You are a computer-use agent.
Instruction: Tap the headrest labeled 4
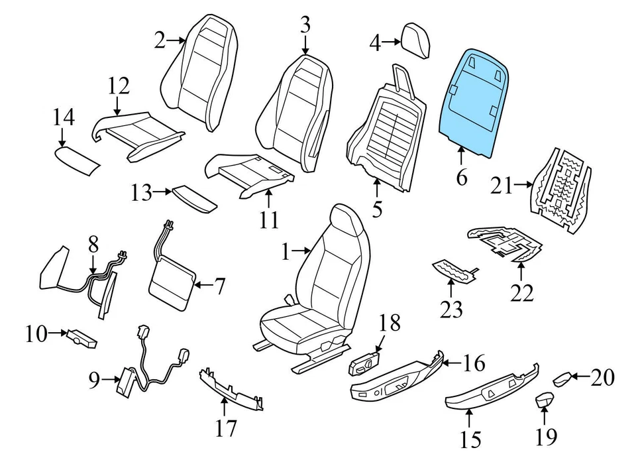417,40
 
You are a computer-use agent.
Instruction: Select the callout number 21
502,186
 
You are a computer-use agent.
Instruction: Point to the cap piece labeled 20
562,380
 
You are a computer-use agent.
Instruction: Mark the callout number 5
377,209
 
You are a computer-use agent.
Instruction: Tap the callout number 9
93,380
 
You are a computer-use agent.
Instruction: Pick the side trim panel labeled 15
490,392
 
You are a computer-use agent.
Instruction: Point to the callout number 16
474,363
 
